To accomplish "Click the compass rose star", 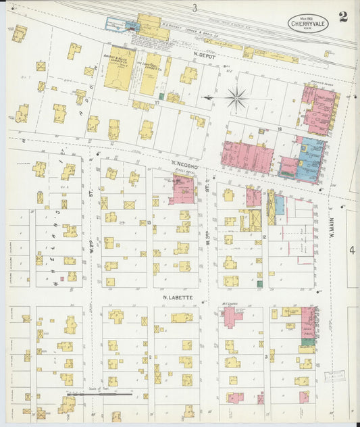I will pos(237,99).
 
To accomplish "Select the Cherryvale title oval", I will pos(309,22).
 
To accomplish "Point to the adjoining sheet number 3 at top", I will pos(195,8).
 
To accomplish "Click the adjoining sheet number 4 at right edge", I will pos(352,250).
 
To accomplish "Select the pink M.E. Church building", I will pos(232,316).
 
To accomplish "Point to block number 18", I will pos(278,128).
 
